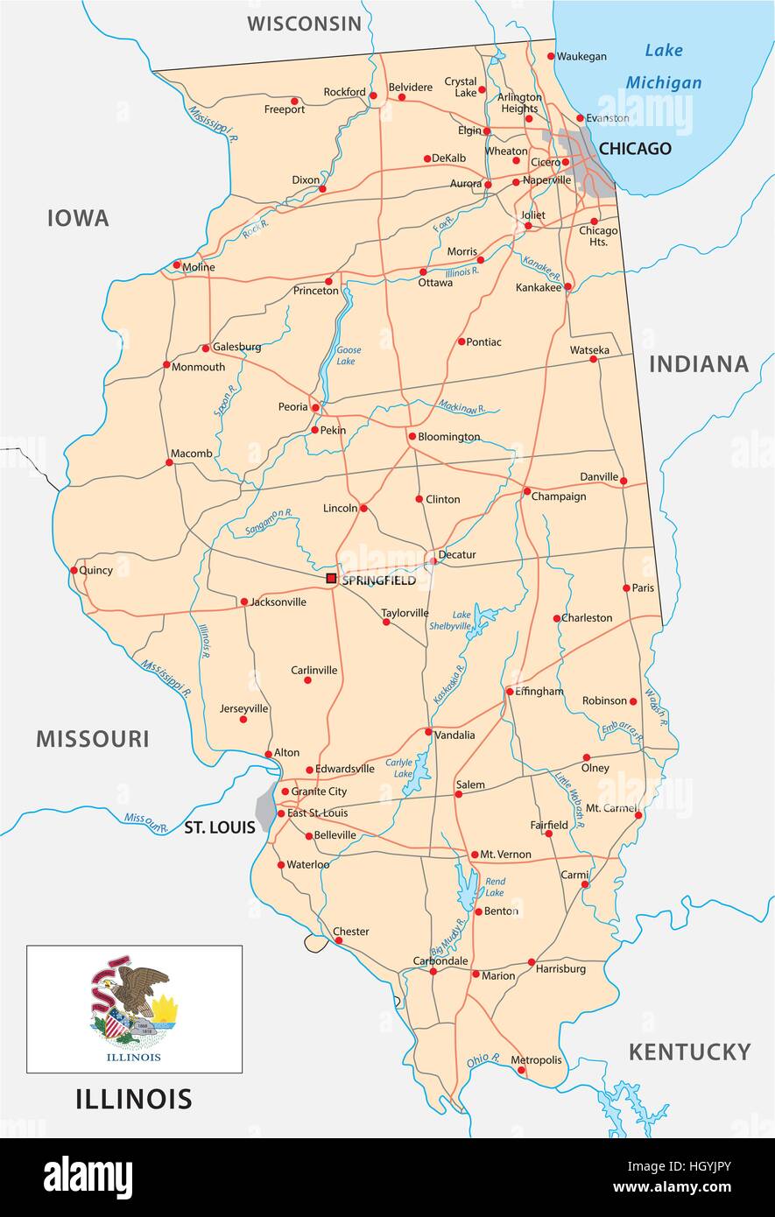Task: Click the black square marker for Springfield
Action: [x=331, y=578]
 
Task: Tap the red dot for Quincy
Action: [x=73, y=569]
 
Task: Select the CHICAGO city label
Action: [x=635, y=149]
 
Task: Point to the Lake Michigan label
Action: [x=663, y=67]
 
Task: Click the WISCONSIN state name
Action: [x=304, y=24]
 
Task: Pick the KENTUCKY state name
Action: [x=689, y=1052]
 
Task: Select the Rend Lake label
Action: [x=495, y=887]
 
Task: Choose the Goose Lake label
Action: [x=349, y=355]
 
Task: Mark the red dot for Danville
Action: [x=624, y=479]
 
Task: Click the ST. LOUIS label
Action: [x=219, y=827]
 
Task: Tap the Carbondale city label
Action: [x=440, y=960]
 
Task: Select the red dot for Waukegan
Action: [x=551, y=56]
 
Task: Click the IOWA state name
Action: [x=78, y=218]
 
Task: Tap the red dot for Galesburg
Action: [x=205, y=348]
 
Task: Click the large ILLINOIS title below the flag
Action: [x=134, y=1098]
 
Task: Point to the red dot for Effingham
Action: [x=510, y=692]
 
